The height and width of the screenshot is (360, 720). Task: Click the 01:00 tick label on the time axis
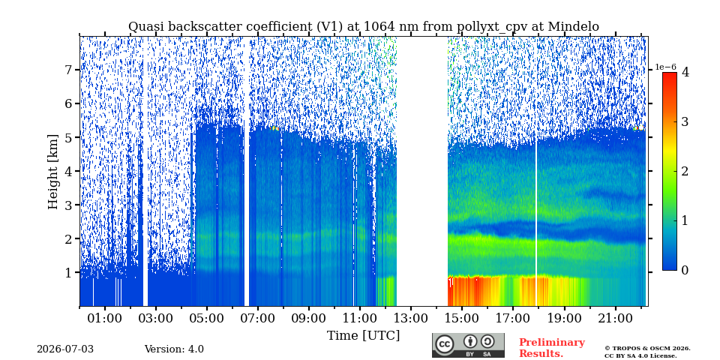[105, 318]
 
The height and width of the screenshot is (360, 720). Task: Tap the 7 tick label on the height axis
[70, 70]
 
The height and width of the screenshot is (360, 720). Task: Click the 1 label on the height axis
[70, 273]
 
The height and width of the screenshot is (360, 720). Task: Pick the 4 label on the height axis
[70, 171]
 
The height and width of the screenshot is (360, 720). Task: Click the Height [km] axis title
[54, 172]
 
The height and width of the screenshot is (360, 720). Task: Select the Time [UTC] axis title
[363, 336]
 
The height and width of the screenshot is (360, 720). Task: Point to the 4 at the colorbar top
[685, 72]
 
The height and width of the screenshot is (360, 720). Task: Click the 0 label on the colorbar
[685, 271]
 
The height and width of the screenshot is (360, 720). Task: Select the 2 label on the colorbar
[685, 171]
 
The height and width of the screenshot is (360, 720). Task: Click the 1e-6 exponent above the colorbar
[665, 67]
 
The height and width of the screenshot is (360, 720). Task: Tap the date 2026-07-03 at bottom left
[65, 349]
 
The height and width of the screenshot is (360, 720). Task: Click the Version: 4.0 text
[174, 349]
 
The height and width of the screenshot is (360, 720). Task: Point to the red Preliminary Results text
[552, 348]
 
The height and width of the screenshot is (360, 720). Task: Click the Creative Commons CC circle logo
[445, 344]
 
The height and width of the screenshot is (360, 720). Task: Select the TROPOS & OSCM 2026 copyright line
[647, 349]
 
